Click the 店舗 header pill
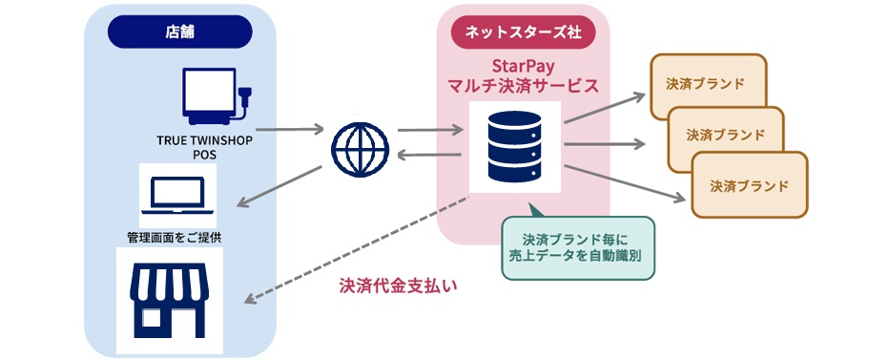coord(179,32)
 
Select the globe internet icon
coord(361,149)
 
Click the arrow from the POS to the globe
coord(291,127)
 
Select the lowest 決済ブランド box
coord(749,184)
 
